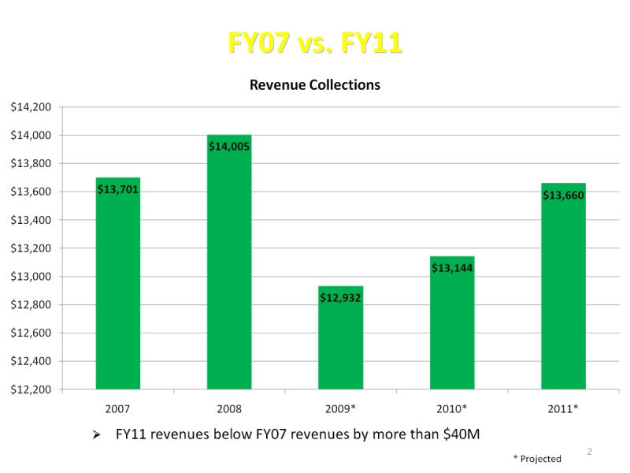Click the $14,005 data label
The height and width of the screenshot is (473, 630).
point(229,146)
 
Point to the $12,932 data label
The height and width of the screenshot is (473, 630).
point(340,297)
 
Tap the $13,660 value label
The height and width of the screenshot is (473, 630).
point(563,195)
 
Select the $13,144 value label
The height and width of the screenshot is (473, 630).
point(452,267)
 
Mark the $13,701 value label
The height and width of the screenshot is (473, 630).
point(118,188)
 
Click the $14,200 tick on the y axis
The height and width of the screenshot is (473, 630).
point(31,107)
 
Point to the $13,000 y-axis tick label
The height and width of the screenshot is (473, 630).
point(31,277)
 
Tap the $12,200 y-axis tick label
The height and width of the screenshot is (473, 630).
point(31,389)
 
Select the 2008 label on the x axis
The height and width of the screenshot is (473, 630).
point(229,409)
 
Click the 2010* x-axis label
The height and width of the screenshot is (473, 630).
point(452,409)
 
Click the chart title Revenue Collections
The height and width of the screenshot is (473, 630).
point(314,84)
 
